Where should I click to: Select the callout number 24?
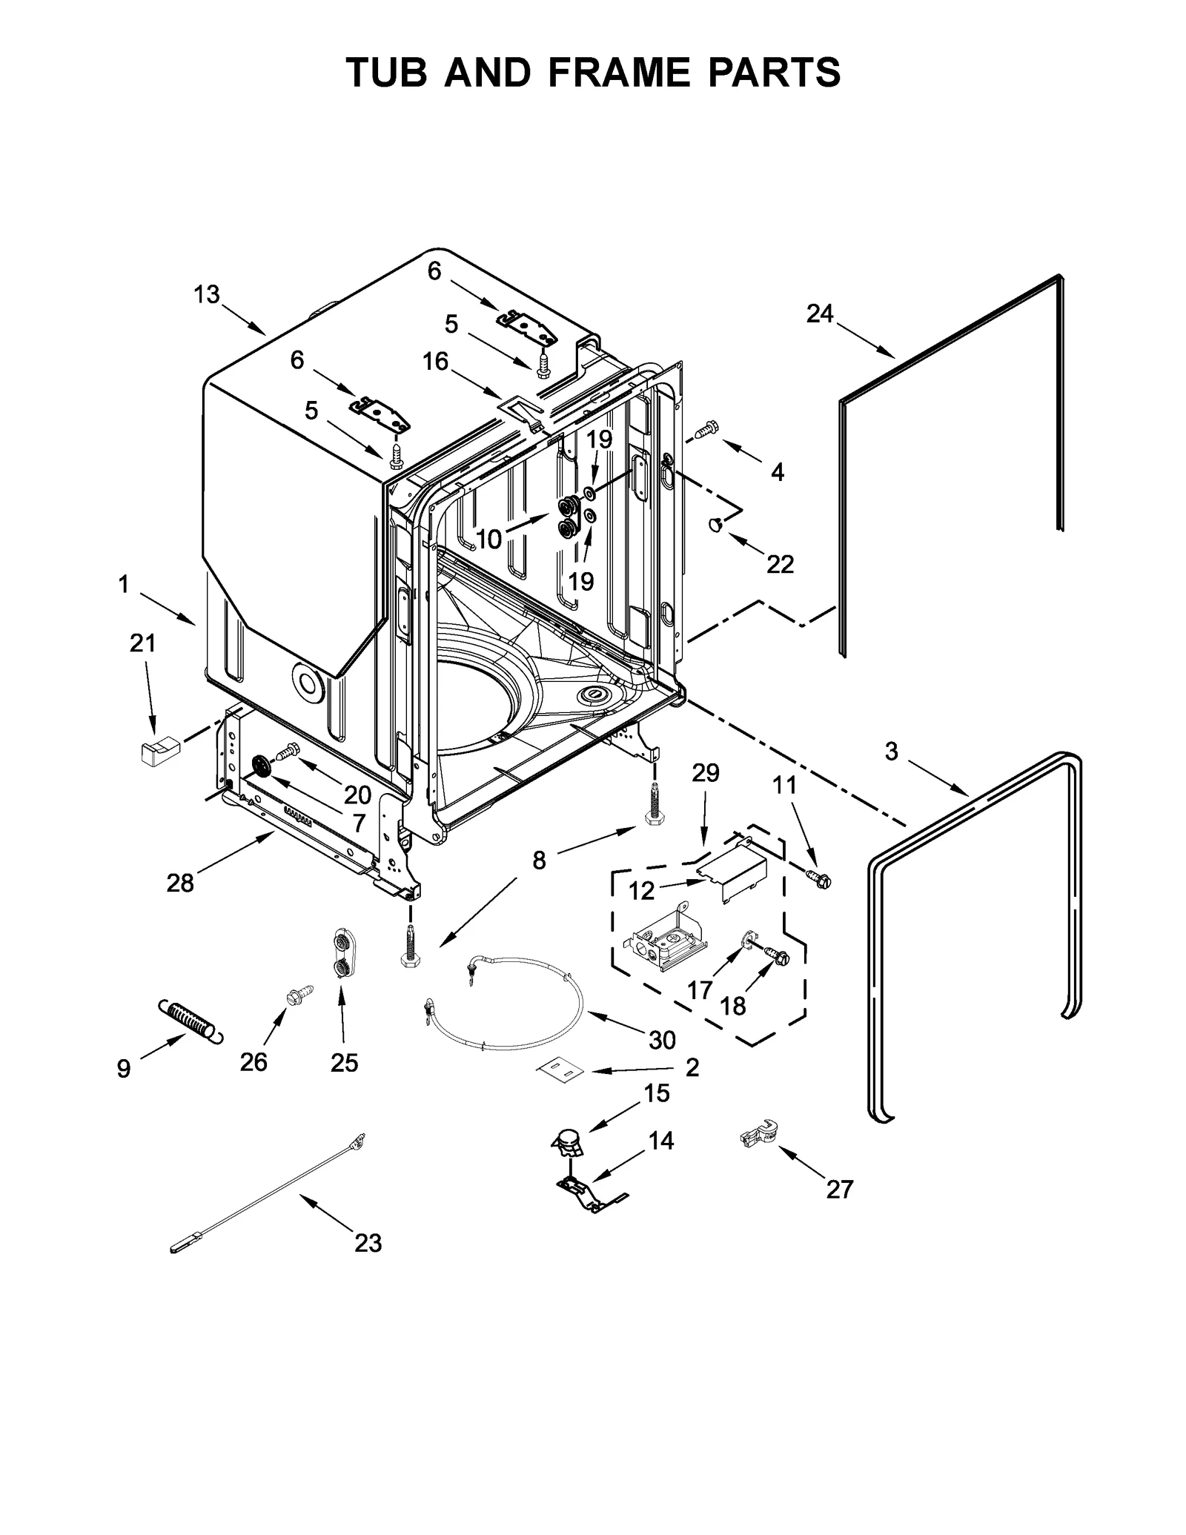[x=820, y=314]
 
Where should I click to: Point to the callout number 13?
[x=207, y=295]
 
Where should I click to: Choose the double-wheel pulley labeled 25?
[x=342, y=955]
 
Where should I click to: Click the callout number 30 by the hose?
[x=662, y=1041]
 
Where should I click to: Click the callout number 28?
[x=180, y=882]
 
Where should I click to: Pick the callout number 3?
[x=891, y=752]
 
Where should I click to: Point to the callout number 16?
[x=436, y=362]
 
